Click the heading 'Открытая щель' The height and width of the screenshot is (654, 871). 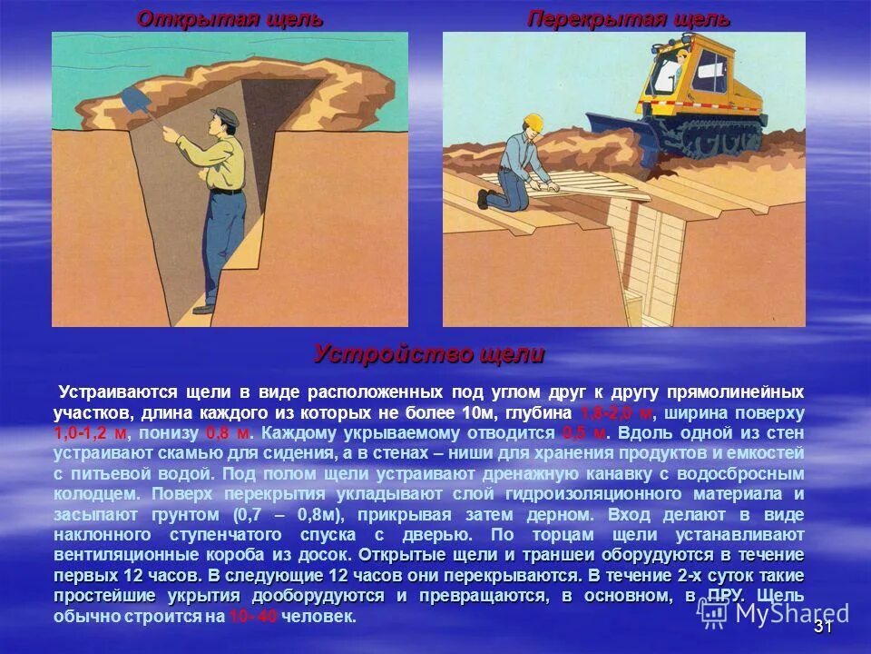coord(230,18)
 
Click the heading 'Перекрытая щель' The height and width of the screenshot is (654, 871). coord(629,18)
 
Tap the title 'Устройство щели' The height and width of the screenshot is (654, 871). coord(429,353)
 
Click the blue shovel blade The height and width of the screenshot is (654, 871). coord(132,100)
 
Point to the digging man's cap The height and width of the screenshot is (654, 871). coord(224,114)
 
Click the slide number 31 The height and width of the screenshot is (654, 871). coord(823,627)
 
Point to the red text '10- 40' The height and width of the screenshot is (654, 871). coord(253,617)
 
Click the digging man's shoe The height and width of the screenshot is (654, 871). coord(204,309)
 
